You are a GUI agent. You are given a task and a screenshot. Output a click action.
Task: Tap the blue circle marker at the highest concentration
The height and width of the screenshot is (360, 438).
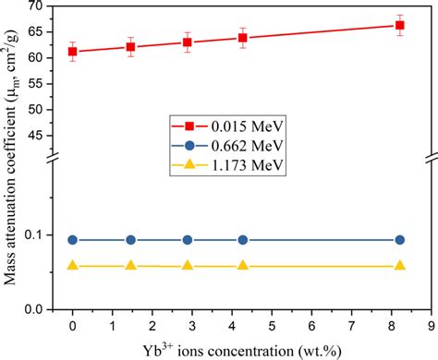click(399, 240)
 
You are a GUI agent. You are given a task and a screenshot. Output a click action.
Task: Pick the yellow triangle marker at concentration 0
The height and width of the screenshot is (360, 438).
click(73, 266)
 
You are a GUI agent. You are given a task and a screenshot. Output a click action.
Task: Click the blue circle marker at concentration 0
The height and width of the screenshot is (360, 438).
click(73, 240)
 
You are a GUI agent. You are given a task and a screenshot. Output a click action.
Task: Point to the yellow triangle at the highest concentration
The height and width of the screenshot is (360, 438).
click(399, 266)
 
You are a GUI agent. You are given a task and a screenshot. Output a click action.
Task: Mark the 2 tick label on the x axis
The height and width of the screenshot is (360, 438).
click(152, 325)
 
